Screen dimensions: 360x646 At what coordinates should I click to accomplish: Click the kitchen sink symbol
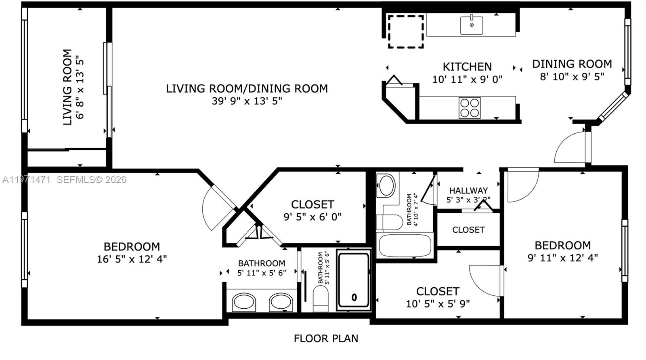click(x=471, y=25)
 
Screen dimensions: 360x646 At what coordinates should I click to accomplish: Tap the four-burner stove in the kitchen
click(x=469, y=107)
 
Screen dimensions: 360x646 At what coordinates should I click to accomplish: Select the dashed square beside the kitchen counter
click(x=406, y=32)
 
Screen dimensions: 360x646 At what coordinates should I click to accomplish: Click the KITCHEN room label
click(x=467, y=67)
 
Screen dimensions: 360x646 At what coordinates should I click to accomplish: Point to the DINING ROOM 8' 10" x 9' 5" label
click(x=572, y=69)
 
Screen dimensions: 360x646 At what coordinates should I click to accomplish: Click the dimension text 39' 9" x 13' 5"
click(x=247, y=101)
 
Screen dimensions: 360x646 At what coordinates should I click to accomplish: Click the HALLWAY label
click(x=468, y=190)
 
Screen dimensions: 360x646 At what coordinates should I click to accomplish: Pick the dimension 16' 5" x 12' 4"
click(x=132, y=259)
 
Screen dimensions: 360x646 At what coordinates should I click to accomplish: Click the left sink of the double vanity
click(x=244, y=302)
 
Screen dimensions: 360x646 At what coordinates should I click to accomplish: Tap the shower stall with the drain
click(x=354, y=280)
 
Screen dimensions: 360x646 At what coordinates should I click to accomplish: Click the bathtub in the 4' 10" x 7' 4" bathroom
click(x=405, y=245)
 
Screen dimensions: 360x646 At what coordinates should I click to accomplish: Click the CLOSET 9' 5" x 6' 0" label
click(x=313, y=210)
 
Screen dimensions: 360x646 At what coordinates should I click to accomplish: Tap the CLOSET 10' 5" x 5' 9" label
click(x=438, y=297)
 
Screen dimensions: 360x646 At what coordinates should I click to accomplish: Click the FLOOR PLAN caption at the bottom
click(x=326, y=339)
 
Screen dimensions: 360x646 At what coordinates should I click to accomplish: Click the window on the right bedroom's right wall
click(x=625, y=251)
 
